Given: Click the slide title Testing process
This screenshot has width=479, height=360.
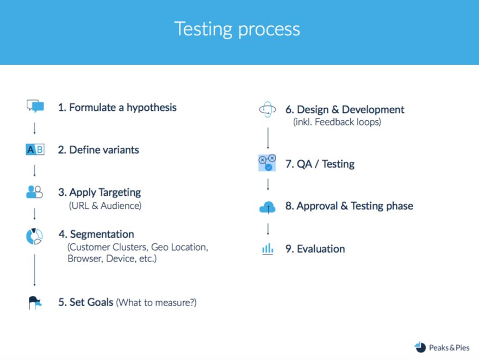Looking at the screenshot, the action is click(x=237, y=30).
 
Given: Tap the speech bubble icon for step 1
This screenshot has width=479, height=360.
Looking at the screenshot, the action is click(x=35, y=106).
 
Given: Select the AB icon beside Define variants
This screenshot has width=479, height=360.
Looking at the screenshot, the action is click(x=35, y=150).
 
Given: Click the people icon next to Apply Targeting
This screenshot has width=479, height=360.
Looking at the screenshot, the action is click(x=34, y=192).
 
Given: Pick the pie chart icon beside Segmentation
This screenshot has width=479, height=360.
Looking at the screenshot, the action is click(x=34, y=236).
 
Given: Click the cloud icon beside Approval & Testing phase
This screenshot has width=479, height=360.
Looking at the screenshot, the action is click(x=268, y=207).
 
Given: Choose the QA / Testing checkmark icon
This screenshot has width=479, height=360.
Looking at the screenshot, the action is click(x=267, y=163).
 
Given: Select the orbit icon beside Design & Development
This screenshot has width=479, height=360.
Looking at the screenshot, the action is click(x=268, y=109).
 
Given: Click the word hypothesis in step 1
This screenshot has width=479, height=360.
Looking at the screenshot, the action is click(x=152, y=108).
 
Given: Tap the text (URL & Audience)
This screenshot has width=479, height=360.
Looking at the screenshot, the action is click(x=105, y=206).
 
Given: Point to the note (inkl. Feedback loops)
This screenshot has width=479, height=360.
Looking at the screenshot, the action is click(x=337, y=122).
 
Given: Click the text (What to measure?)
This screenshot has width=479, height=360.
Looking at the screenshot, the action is click(x=157, y=302).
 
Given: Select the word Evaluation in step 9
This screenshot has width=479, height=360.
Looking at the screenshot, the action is click(x=321, y=249).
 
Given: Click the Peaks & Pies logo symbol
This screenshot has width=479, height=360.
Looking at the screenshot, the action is click(x=420, y=347).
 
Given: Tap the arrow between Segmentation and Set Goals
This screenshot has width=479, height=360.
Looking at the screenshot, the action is click(x=34, y=270).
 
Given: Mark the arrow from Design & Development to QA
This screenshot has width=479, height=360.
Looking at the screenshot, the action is click(x=268, y=138).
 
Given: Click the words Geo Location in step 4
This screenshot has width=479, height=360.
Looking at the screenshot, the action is click(x=179, y=247).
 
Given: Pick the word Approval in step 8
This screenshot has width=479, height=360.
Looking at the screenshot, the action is click(x=318, y=206).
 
